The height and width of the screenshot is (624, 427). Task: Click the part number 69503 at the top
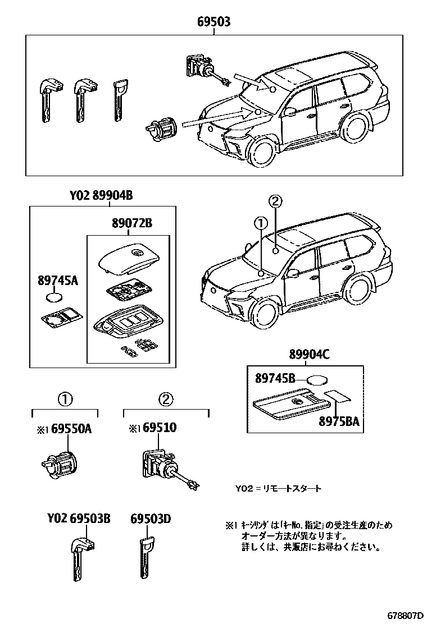coord(213,22)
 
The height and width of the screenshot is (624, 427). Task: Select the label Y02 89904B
coord(101,196)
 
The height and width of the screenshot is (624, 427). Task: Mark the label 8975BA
coord(336,421)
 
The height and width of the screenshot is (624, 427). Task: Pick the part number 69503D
coord(151,519)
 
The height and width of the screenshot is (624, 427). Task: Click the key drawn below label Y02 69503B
coord(79,561)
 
